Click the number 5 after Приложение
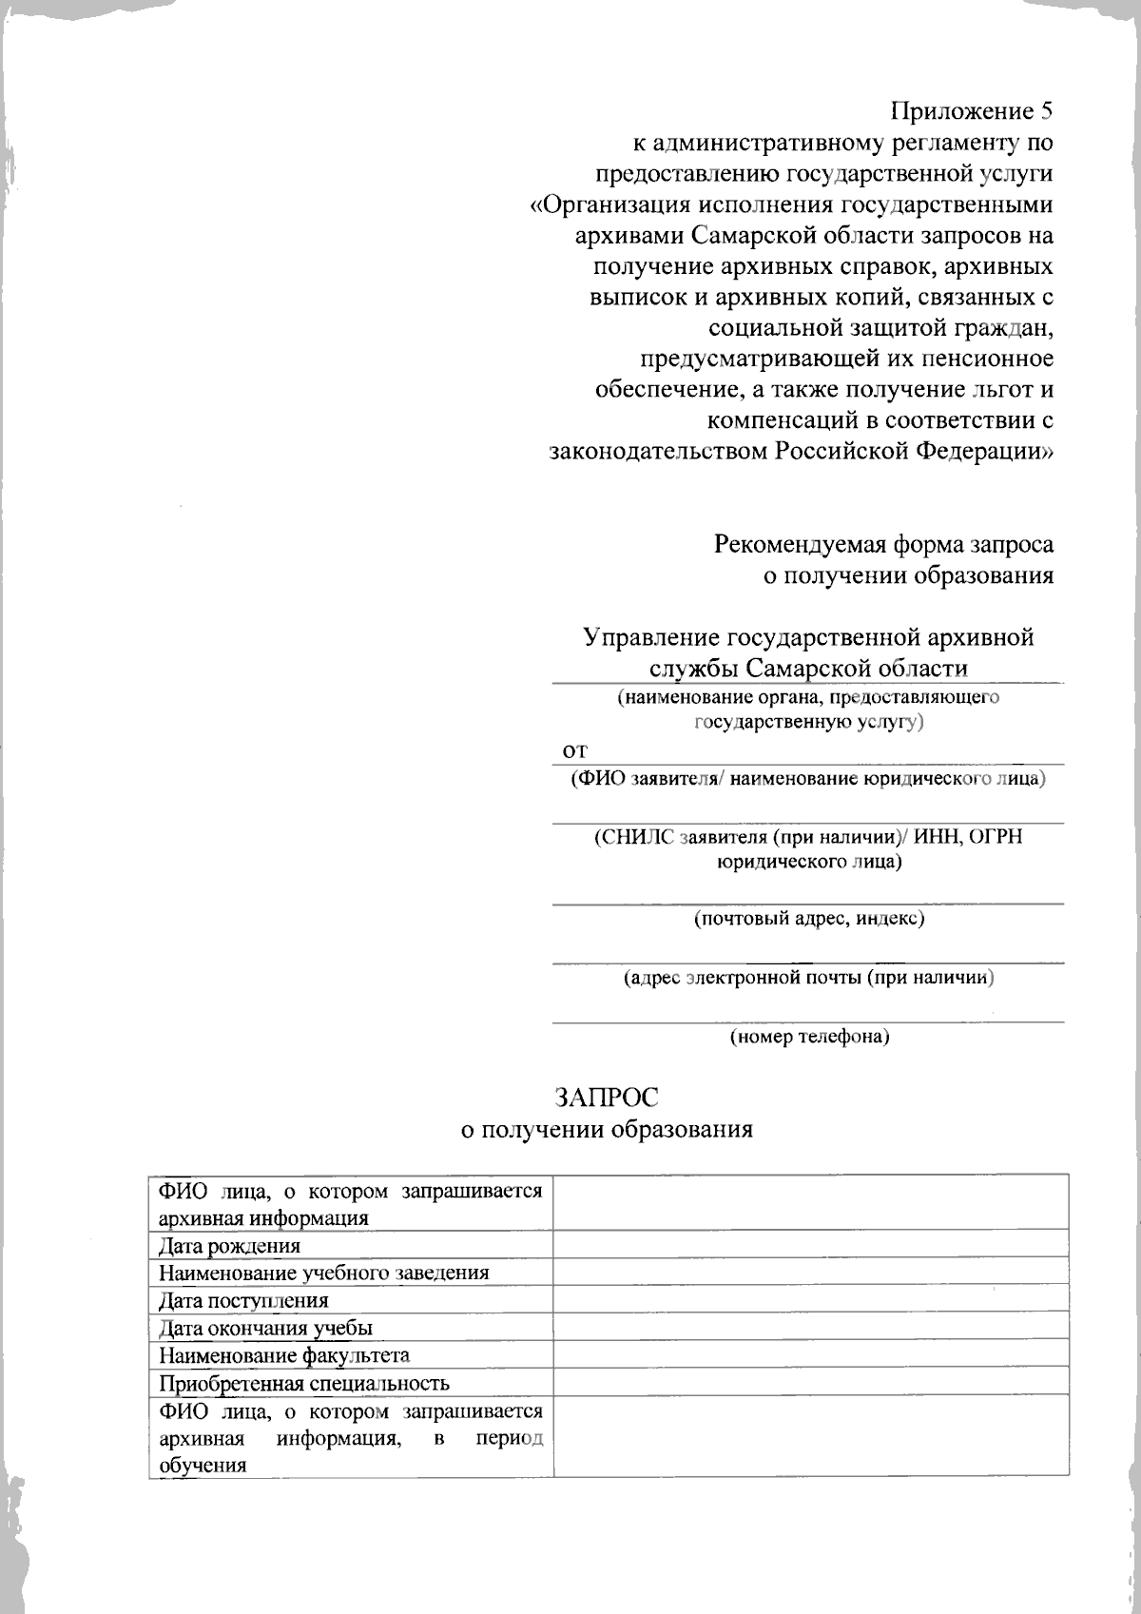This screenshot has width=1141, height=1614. [x=1046, y=111]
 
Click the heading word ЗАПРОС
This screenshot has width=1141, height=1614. [x=607, y=1097]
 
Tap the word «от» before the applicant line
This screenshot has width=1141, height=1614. [x=574, y=750]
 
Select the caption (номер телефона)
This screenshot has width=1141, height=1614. [x=809, y=1037]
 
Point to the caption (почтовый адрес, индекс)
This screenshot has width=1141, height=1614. [x=809, y=919]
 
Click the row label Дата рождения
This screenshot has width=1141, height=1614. [x=229, y=1246]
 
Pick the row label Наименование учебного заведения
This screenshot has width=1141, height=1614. [x=323, y=1273]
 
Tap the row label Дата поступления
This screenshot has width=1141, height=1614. [x=243, y=1300]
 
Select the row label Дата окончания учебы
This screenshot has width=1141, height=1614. [x=265, y=1328]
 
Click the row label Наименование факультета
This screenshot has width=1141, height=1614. [x=284, y=1355]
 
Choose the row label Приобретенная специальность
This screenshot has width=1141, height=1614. [x=303, y=1383]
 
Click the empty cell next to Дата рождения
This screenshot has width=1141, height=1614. [x=810, y=1245]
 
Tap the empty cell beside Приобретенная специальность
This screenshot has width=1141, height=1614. [x=810, y=1382]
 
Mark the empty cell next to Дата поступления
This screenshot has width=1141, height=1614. [x=810, y=1300]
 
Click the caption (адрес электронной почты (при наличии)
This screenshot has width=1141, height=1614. [x=809, y=978]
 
